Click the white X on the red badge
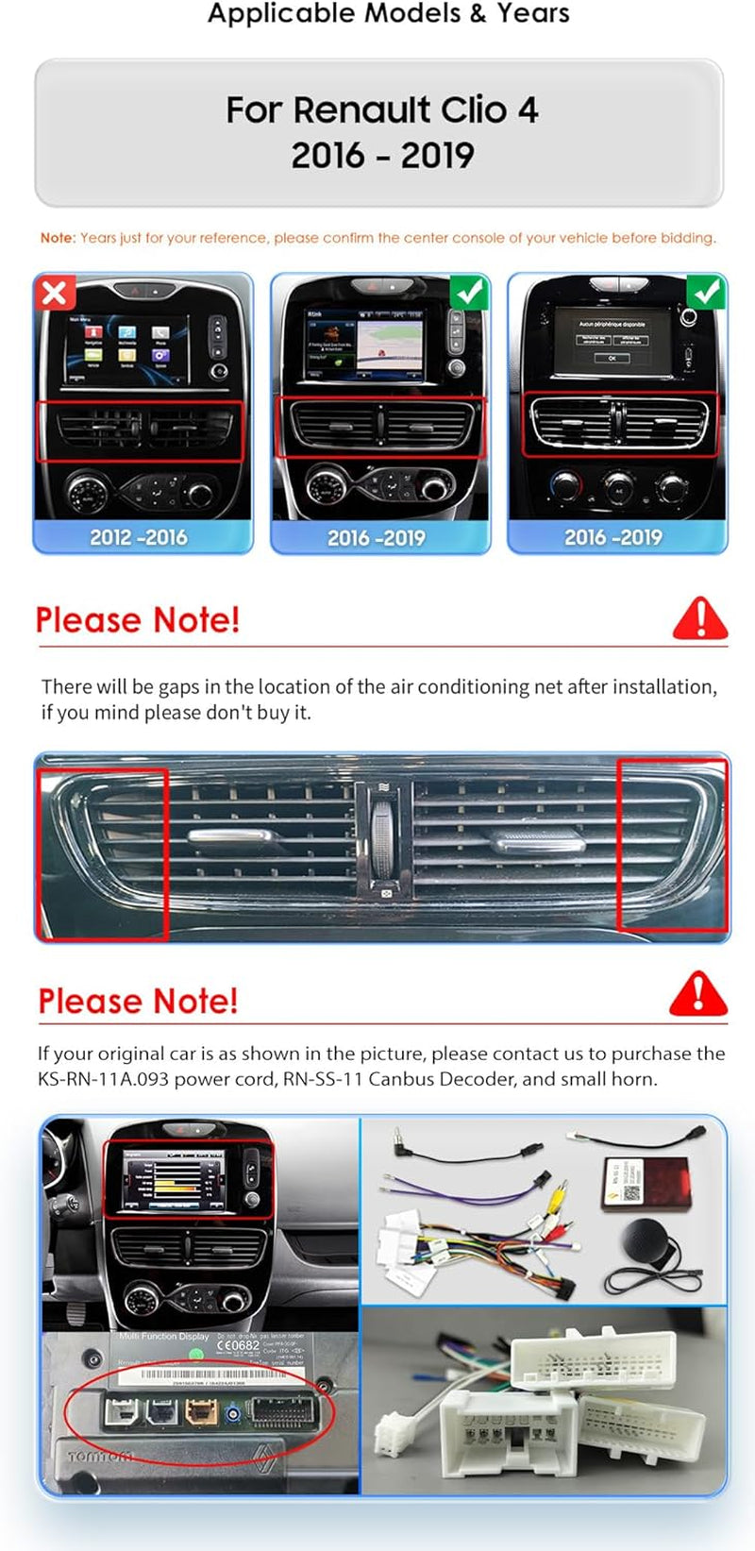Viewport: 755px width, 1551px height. tap(54, 292)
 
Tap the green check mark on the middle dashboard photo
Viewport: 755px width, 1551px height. tap(470, 292)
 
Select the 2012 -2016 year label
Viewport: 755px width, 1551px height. tap(139, 537)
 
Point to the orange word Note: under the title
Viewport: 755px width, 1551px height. tap(58, 238)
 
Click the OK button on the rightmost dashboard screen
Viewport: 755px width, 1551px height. tap(612, 358)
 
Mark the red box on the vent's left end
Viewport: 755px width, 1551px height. tap(102, 853)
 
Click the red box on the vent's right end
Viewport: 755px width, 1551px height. tap(672, 844)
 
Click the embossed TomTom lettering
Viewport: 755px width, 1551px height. tap(100, 1458)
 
